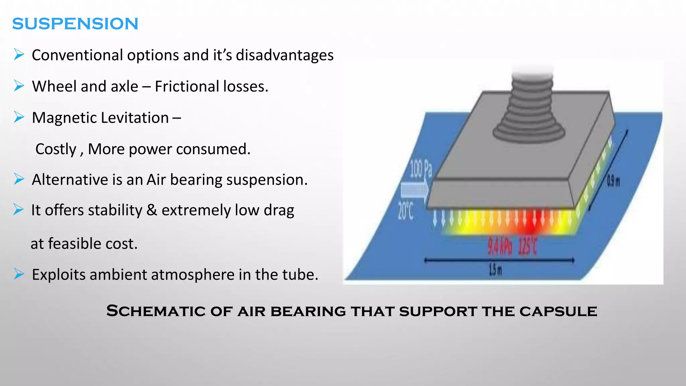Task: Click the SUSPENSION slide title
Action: tap(75, 24)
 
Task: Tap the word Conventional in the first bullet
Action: tap(77, 55)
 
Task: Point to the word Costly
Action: tap(56, 149)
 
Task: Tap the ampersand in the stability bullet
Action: tap(152, 210)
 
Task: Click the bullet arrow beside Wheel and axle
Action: tap(19, 86)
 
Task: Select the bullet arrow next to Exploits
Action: tap(19, 274)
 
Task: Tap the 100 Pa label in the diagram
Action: tap(421, 169)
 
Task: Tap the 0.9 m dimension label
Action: tap(613, 182)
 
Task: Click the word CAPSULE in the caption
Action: tap(558, 311)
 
